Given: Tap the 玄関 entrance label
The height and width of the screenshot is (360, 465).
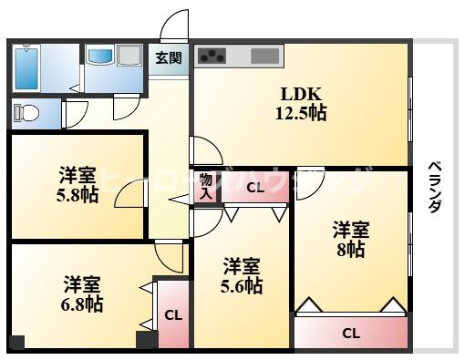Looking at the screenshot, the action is (168, 58).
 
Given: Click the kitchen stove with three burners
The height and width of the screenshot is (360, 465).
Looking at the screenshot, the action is (213, 56).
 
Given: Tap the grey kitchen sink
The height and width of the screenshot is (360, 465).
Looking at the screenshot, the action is (264, 56).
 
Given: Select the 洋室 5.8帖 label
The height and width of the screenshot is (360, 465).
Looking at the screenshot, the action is (77, 185).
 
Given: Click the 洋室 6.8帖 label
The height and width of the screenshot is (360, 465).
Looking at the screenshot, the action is (82, 293).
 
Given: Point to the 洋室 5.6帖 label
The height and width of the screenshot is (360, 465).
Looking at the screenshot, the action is (243, 276).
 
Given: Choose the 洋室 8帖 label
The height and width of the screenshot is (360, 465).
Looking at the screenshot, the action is (350, 238).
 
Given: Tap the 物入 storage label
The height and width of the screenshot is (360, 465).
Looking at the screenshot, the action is (206, 186).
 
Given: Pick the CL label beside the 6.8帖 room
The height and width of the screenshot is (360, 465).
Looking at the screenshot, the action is (171, 316).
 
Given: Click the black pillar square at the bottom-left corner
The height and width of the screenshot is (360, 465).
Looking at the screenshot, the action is (16, 343).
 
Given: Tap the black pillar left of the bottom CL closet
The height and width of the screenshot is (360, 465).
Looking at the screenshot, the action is (144, 341).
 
